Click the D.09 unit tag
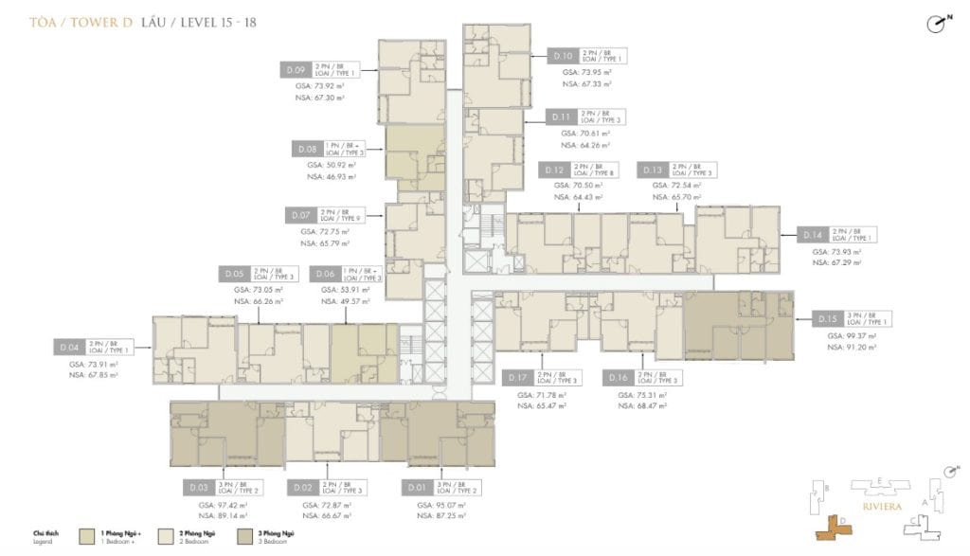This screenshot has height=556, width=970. (294, 69)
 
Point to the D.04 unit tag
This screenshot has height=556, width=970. (71, 348)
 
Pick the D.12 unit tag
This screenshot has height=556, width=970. (554, 170)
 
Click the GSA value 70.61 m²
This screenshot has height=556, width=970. (585, 134)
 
